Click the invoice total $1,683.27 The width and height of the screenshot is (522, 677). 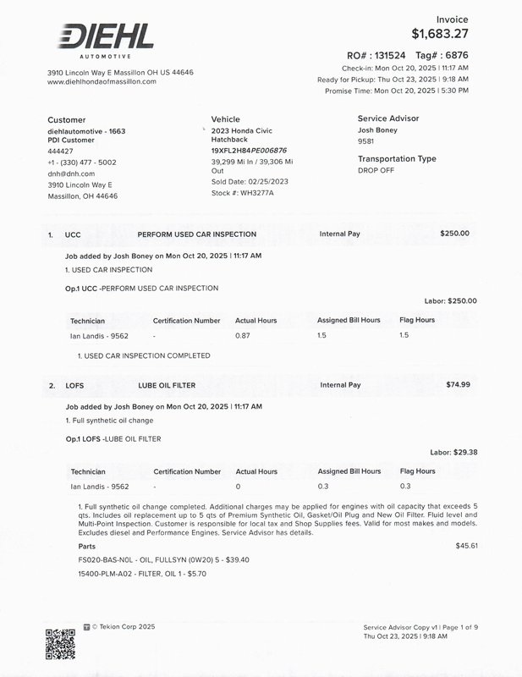(439, 34)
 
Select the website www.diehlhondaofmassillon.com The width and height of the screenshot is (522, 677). (102, 82)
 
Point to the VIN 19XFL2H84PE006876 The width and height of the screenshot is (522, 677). (249, 150)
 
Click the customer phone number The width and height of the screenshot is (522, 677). (82, 162)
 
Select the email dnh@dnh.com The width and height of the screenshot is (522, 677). (71, 173)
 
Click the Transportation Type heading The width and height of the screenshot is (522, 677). (397, 159)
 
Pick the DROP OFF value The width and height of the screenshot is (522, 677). (376, 170)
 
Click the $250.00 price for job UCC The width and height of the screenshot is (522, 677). (454, 233)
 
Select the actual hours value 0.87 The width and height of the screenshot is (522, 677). (243, 335)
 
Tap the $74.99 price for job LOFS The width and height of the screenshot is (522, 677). (458, 384)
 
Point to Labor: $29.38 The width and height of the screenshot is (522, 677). (453, 452)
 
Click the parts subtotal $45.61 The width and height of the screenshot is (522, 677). (466, 546)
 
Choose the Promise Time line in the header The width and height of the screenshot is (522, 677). (396, 90)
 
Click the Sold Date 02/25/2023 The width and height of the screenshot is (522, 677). (250, 182)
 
